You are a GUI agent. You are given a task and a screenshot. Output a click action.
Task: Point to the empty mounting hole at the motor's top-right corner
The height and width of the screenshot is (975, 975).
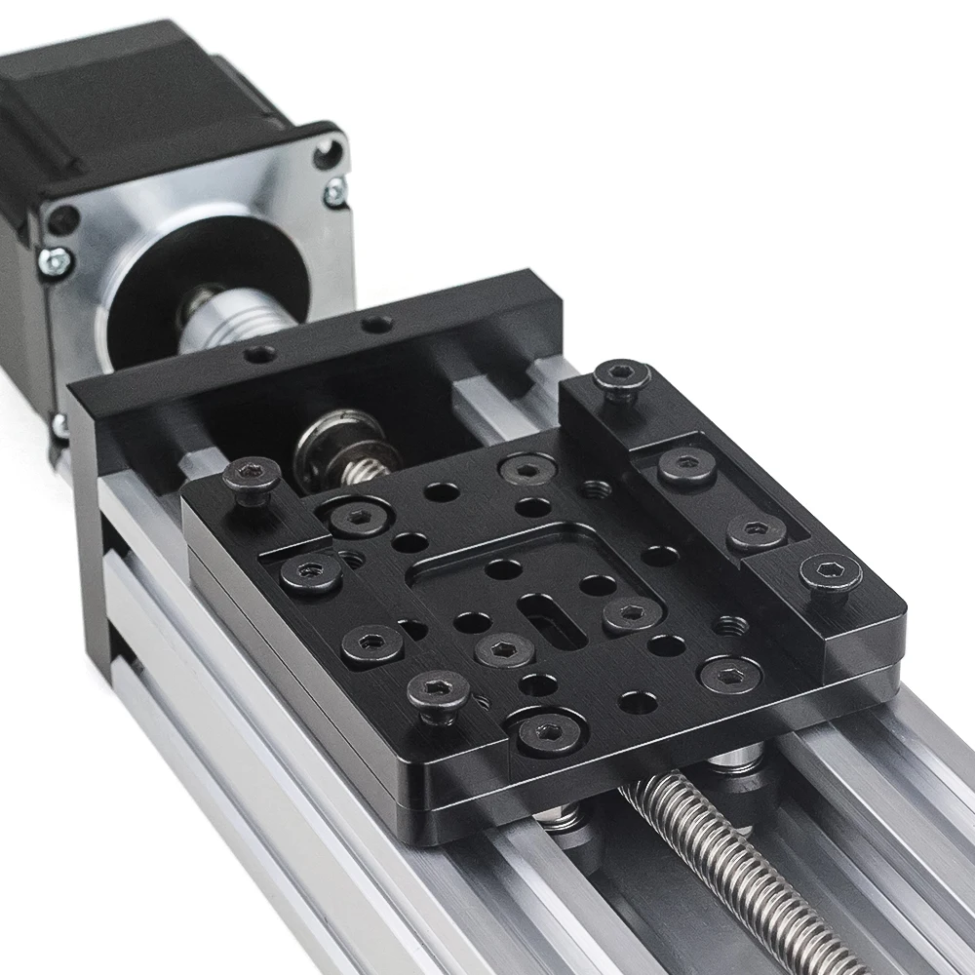pyautogui.click(x=328, y=151)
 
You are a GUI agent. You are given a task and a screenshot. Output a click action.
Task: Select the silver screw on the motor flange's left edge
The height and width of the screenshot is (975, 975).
pyautogui.click(x=56, y=261)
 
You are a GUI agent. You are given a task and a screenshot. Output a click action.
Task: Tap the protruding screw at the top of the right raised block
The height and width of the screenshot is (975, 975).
pyautogui.click(x=621, y=376)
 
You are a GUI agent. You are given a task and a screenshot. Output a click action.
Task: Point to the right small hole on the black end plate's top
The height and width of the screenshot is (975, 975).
pyautogui.click(x=376, y=323)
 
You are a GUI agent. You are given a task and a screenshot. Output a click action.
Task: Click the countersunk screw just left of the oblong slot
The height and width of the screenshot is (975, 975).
pyautogui.click(x=503, y=648)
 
